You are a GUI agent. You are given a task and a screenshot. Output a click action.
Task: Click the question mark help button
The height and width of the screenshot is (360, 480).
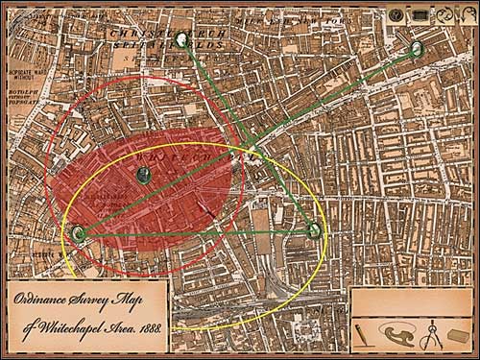pos(396,14)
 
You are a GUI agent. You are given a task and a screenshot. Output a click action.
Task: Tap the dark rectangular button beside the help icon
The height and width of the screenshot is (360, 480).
pos(420,14)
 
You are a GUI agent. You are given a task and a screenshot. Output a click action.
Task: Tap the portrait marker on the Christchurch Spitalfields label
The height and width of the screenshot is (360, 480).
pos(182,39)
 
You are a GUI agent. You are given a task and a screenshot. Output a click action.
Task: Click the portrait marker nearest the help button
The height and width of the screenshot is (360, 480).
pos(417,48)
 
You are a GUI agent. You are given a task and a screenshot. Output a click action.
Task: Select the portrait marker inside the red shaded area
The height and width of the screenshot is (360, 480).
pos(143,174)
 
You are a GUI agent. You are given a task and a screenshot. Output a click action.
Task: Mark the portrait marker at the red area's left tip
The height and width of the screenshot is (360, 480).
pos(78,231)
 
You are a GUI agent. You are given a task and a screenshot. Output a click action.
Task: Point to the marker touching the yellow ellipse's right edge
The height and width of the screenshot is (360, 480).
pos(312,229)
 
